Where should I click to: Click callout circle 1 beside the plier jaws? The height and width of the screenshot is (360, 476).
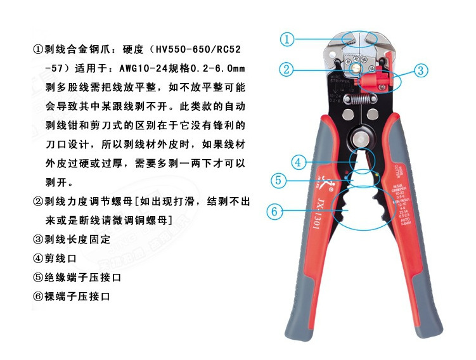[x=288, y=39]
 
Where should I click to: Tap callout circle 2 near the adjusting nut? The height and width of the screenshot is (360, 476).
[x=287, y=69]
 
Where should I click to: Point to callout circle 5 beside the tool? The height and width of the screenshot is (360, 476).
[x=279, y=180]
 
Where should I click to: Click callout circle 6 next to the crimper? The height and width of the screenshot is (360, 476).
[x=274, y=211]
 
